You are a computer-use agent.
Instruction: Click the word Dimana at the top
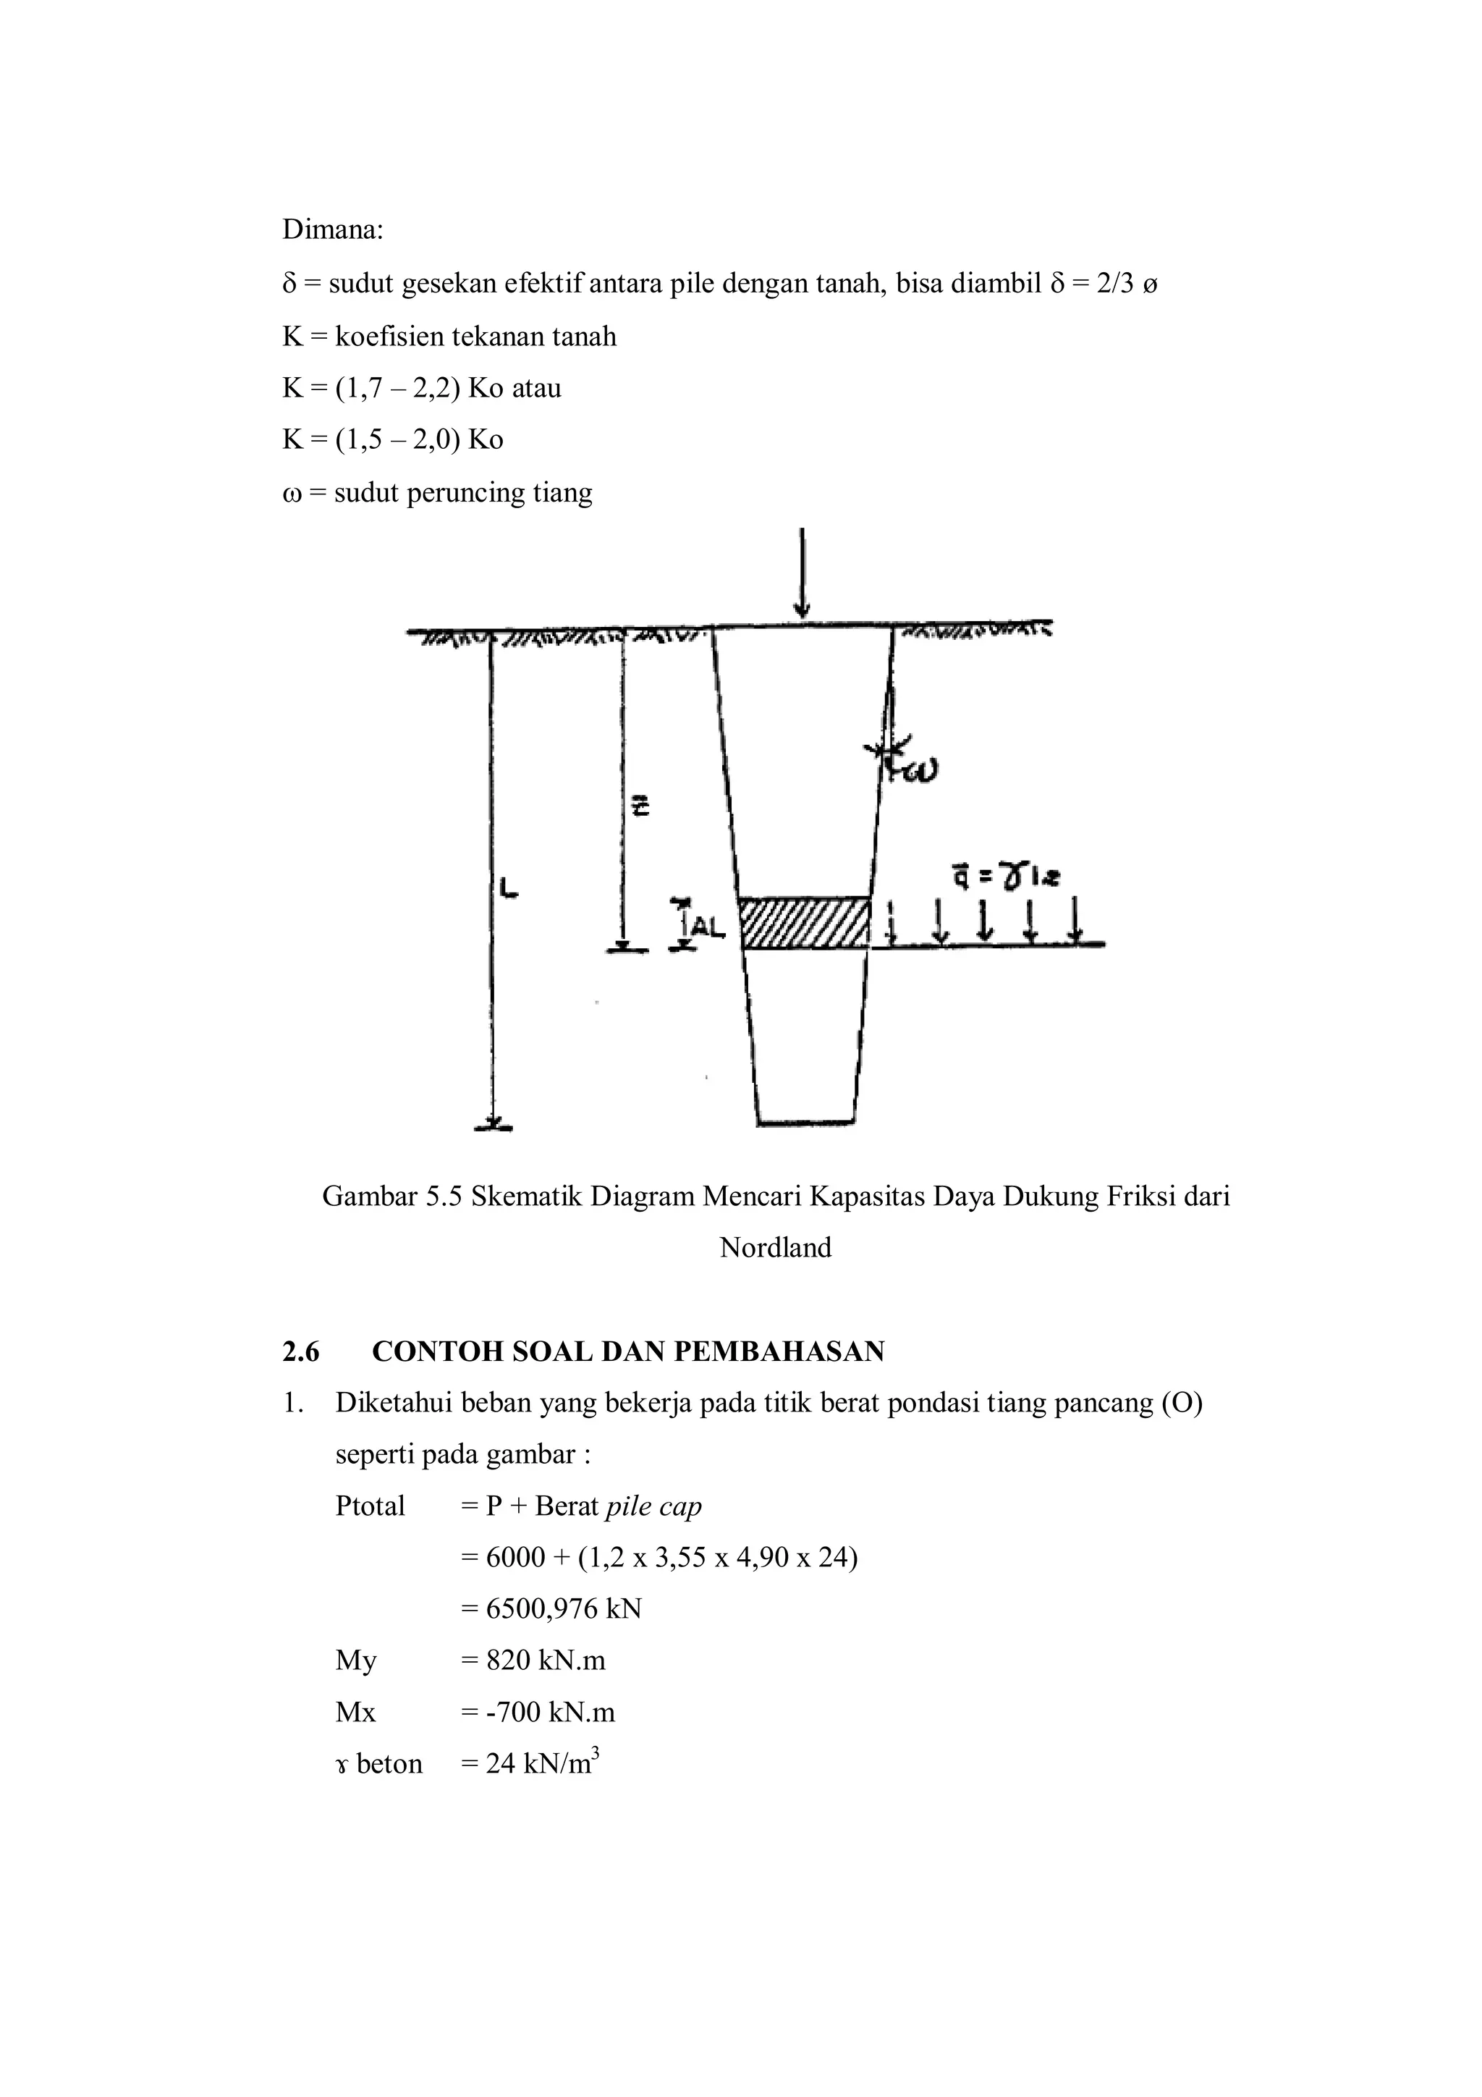pos(331,229)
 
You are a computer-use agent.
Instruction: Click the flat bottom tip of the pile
pos(805,1121)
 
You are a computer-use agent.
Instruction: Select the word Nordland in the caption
pos(775,1248)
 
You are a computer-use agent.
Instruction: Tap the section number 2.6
pos(300,1351)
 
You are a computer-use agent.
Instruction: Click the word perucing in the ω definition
pos(466,493)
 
